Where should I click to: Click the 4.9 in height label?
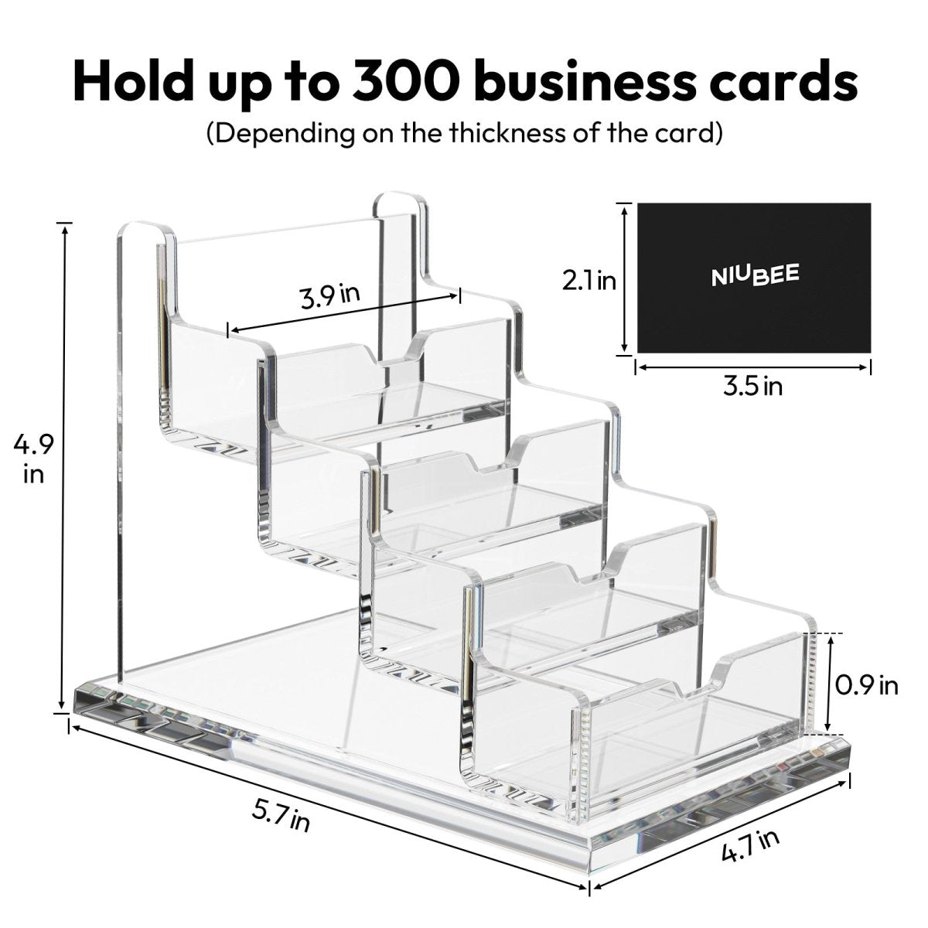(33, 458)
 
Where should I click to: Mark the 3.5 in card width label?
(752, 386)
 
